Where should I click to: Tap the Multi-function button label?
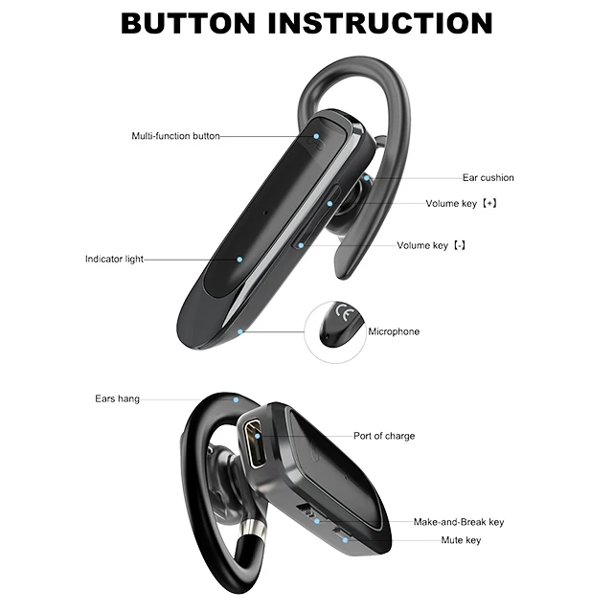point(175,136)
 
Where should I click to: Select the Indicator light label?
point(114,260)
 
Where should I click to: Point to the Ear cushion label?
point(488,178)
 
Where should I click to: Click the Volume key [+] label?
point(461,204)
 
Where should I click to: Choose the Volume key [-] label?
point(431,246)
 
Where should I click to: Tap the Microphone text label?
point(394,332)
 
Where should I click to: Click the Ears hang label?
point(117,398)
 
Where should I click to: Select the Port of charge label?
point(384,437)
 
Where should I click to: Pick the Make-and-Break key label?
point(458,522)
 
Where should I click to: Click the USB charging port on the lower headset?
point(257,443)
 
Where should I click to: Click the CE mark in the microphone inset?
point(343,312)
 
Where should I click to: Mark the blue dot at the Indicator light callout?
point(238,259)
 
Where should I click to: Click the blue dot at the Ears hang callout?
point(235,399)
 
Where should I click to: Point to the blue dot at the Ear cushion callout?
point(369,178)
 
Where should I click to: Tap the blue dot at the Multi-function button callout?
point(316,136)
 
